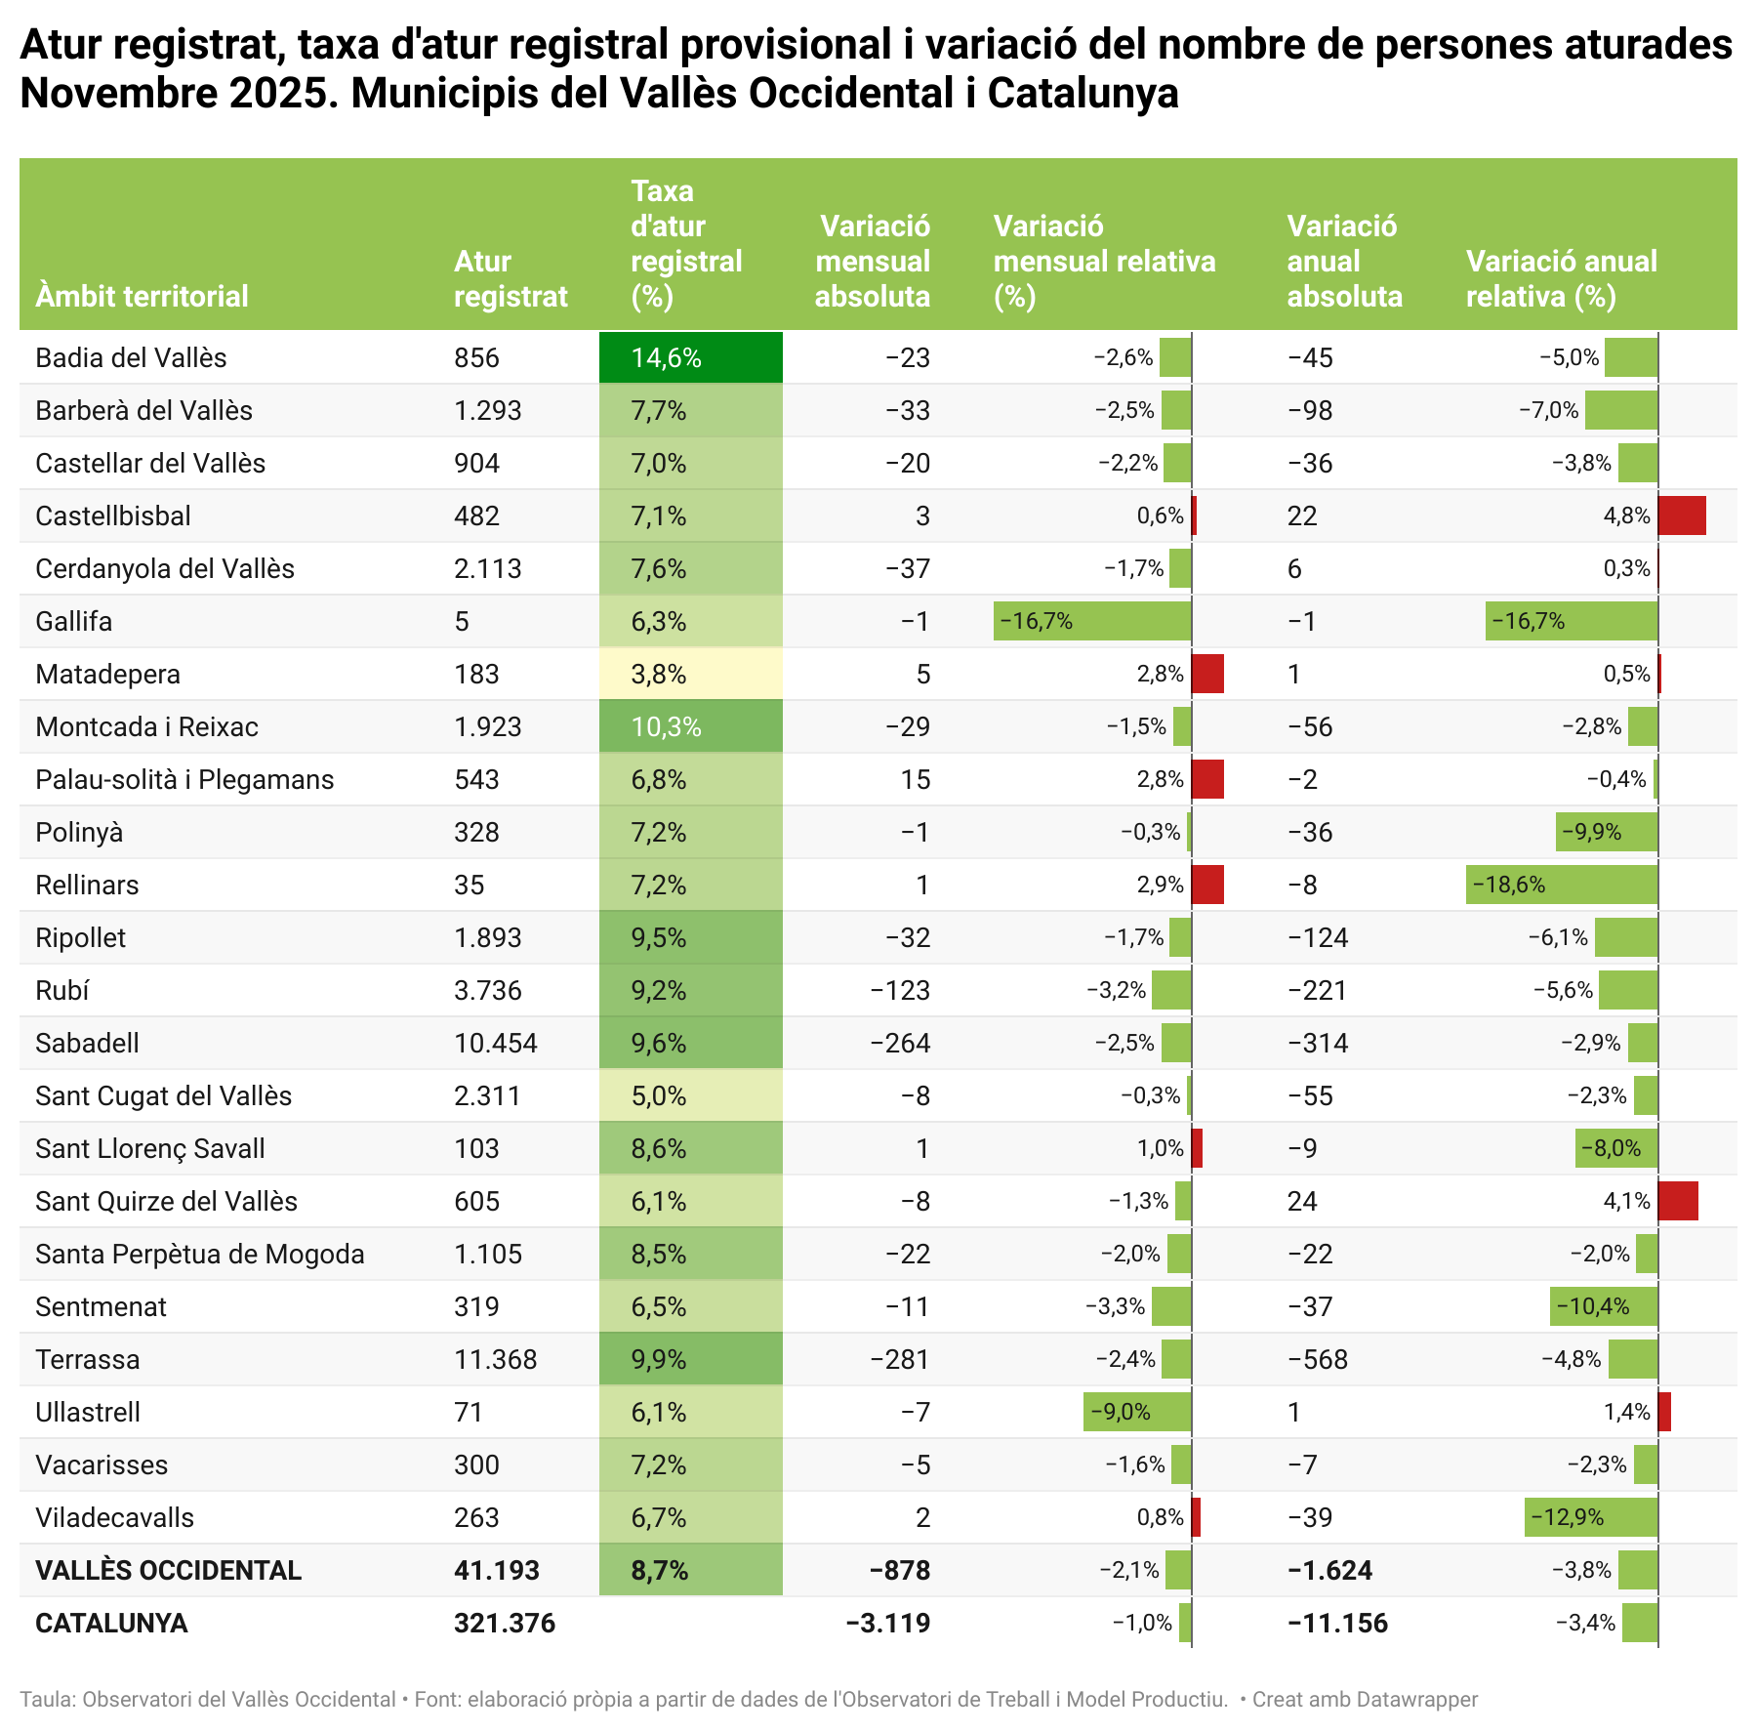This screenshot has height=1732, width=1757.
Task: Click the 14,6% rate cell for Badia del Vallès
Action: pyautogui.click(x=690, y=357)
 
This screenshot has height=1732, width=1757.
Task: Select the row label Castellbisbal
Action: pyautogui.click(x=113, y=515)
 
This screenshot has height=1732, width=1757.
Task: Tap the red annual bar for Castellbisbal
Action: pyautogui.click(x=1682, y=515)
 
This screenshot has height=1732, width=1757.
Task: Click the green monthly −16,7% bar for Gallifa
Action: pyautogui.click(x=1092, y=621)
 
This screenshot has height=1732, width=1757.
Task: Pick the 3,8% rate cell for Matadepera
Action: pyautogui.click(x=690, y=674)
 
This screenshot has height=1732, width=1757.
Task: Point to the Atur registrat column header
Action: pyautogui.click(x=511, y=278)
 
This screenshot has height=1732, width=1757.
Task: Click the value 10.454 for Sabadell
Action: pyautogui.click(x=496, y=1043)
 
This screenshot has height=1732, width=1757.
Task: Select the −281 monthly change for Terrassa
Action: pyautogui.click(x=901, y=1359)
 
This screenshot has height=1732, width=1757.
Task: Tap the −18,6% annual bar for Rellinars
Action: pyautogui.click(x=1562, y=885)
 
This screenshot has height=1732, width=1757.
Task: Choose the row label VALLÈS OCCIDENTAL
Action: pyautogui.click(x=168, y=1570)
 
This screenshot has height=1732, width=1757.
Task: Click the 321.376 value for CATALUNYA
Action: pyautogui.click(x=505, y=1623)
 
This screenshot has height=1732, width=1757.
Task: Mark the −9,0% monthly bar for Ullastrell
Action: pyautogui.click(x=1137, y=1412)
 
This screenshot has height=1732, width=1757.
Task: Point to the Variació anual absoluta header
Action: pyautogui.click(x=1344, y=261)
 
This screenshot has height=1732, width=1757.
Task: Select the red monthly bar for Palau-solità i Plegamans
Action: pyautogui.click(x=1207, y=779)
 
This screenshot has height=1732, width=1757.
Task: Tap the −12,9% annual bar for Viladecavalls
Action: pyautogui.click(x=1591, y=1517)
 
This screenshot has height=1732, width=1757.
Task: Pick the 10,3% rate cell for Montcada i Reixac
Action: pyautogui.click(x=690, y=726)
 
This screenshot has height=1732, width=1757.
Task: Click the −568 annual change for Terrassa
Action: pyautogui.click(x=1318, y=1359)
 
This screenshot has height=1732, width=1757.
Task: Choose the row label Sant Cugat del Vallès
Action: pyautogui.click(x=163, y=1095)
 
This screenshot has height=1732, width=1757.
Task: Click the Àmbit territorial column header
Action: pyautogui.click(x=142, y=296)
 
